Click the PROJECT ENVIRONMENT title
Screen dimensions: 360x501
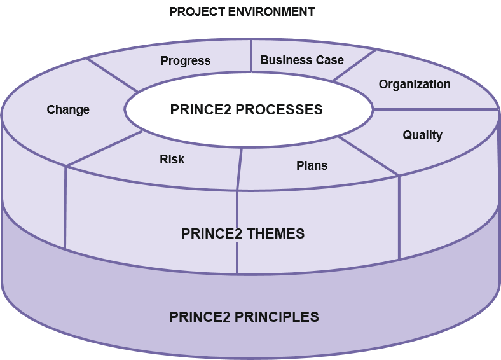coord(242,11)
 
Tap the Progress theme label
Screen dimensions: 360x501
coord(185,61)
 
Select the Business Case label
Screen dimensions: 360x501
coord(302,60)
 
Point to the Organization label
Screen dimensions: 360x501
coord(415,84)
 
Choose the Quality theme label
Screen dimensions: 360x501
coord(422,135)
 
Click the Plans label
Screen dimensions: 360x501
coord(312,165)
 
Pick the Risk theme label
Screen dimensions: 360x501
coord(172,159)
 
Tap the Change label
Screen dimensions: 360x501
coord(68,109)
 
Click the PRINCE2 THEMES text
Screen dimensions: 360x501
coord(243,233)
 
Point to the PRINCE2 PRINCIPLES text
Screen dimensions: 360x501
coord(244,316)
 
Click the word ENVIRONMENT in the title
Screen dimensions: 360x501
coord(275,11)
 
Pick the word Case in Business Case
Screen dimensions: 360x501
coord(330,60)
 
